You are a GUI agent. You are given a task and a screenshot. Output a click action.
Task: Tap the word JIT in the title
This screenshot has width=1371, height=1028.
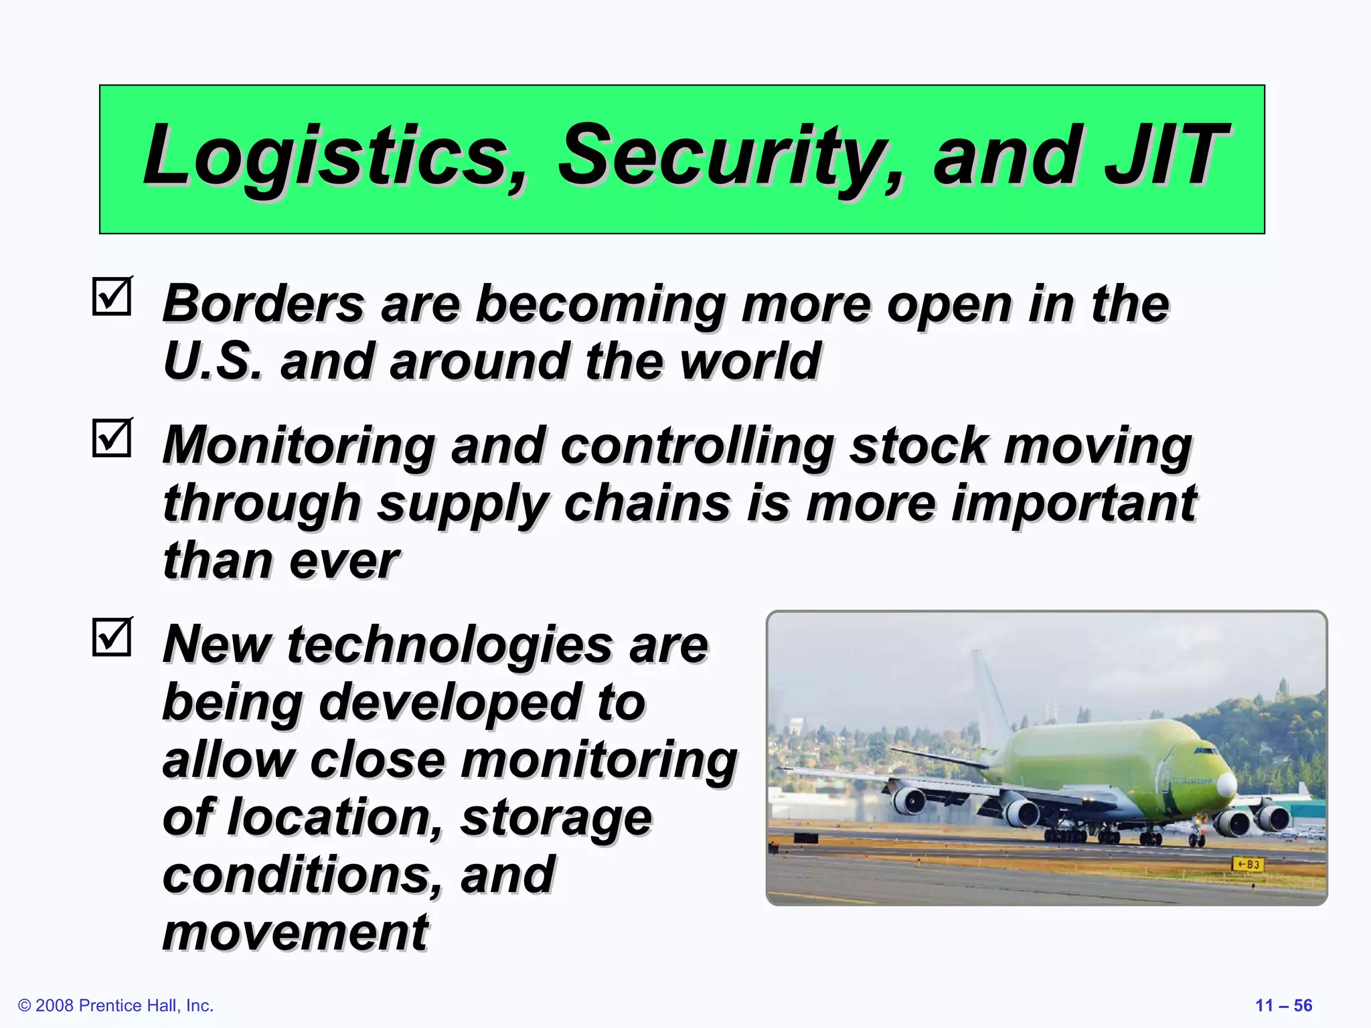coord(1165,155)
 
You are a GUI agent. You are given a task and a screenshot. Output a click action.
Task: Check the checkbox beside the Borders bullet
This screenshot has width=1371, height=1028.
coord(112,296)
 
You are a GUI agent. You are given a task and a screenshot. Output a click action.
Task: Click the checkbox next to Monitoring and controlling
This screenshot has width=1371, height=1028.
coord(112,438)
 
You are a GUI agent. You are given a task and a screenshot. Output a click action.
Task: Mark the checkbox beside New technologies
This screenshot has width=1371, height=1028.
coord(112,636)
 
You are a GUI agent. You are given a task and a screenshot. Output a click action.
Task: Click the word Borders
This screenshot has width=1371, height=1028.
coord(264,304)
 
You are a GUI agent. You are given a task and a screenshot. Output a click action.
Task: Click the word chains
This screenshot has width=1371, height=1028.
coord(647,503)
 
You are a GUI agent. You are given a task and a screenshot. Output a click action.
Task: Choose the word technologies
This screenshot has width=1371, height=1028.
coord(449,645)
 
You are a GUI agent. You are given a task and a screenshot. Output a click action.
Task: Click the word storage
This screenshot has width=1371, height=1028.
coord(556,818)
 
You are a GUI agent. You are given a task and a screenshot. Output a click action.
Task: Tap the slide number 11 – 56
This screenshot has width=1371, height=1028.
coord(1283,1005)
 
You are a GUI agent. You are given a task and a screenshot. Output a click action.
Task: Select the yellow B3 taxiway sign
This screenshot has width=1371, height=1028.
coord(1247,864)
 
